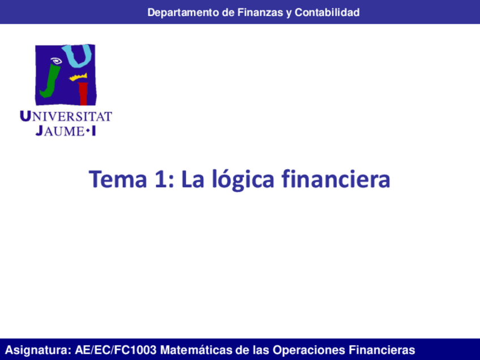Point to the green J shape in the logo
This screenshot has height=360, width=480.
tap(48, 81)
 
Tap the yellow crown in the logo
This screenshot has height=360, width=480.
tap(79, 76)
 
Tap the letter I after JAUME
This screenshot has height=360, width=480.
tap(93, 131)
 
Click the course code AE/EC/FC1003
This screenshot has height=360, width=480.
tap(115, 349)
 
